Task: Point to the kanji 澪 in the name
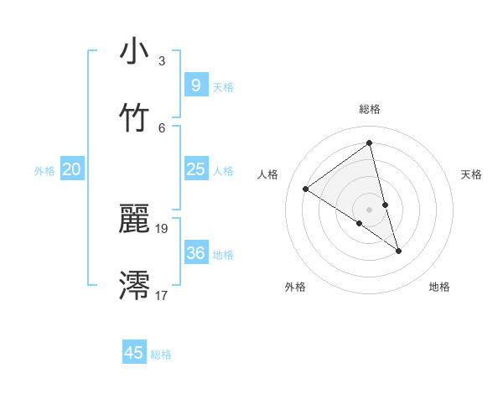(x=134, y=285)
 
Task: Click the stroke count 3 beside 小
(x=162, y=61)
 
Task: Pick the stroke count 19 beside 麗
(x=162, y=228)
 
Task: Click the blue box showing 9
(x=195, y=86)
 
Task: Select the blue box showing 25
(x=195, y=169)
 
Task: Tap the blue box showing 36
(x=195, y=253)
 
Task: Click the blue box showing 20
(x=71, y=169)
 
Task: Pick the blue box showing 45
(x=134, y=353)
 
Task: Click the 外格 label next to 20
(x=44, y=171)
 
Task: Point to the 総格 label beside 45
(x=161, y=355)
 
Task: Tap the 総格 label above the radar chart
(x=370, y=109)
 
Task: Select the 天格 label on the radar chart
(x=471, y=174)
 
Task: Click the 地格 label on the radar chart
(x=439, y=287)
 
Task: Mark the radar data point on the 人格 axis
(x=305, y=189)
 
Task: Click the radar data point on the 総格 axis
(x=370, y=142)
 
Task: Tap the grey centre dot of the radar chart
(x=370, y=209)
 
